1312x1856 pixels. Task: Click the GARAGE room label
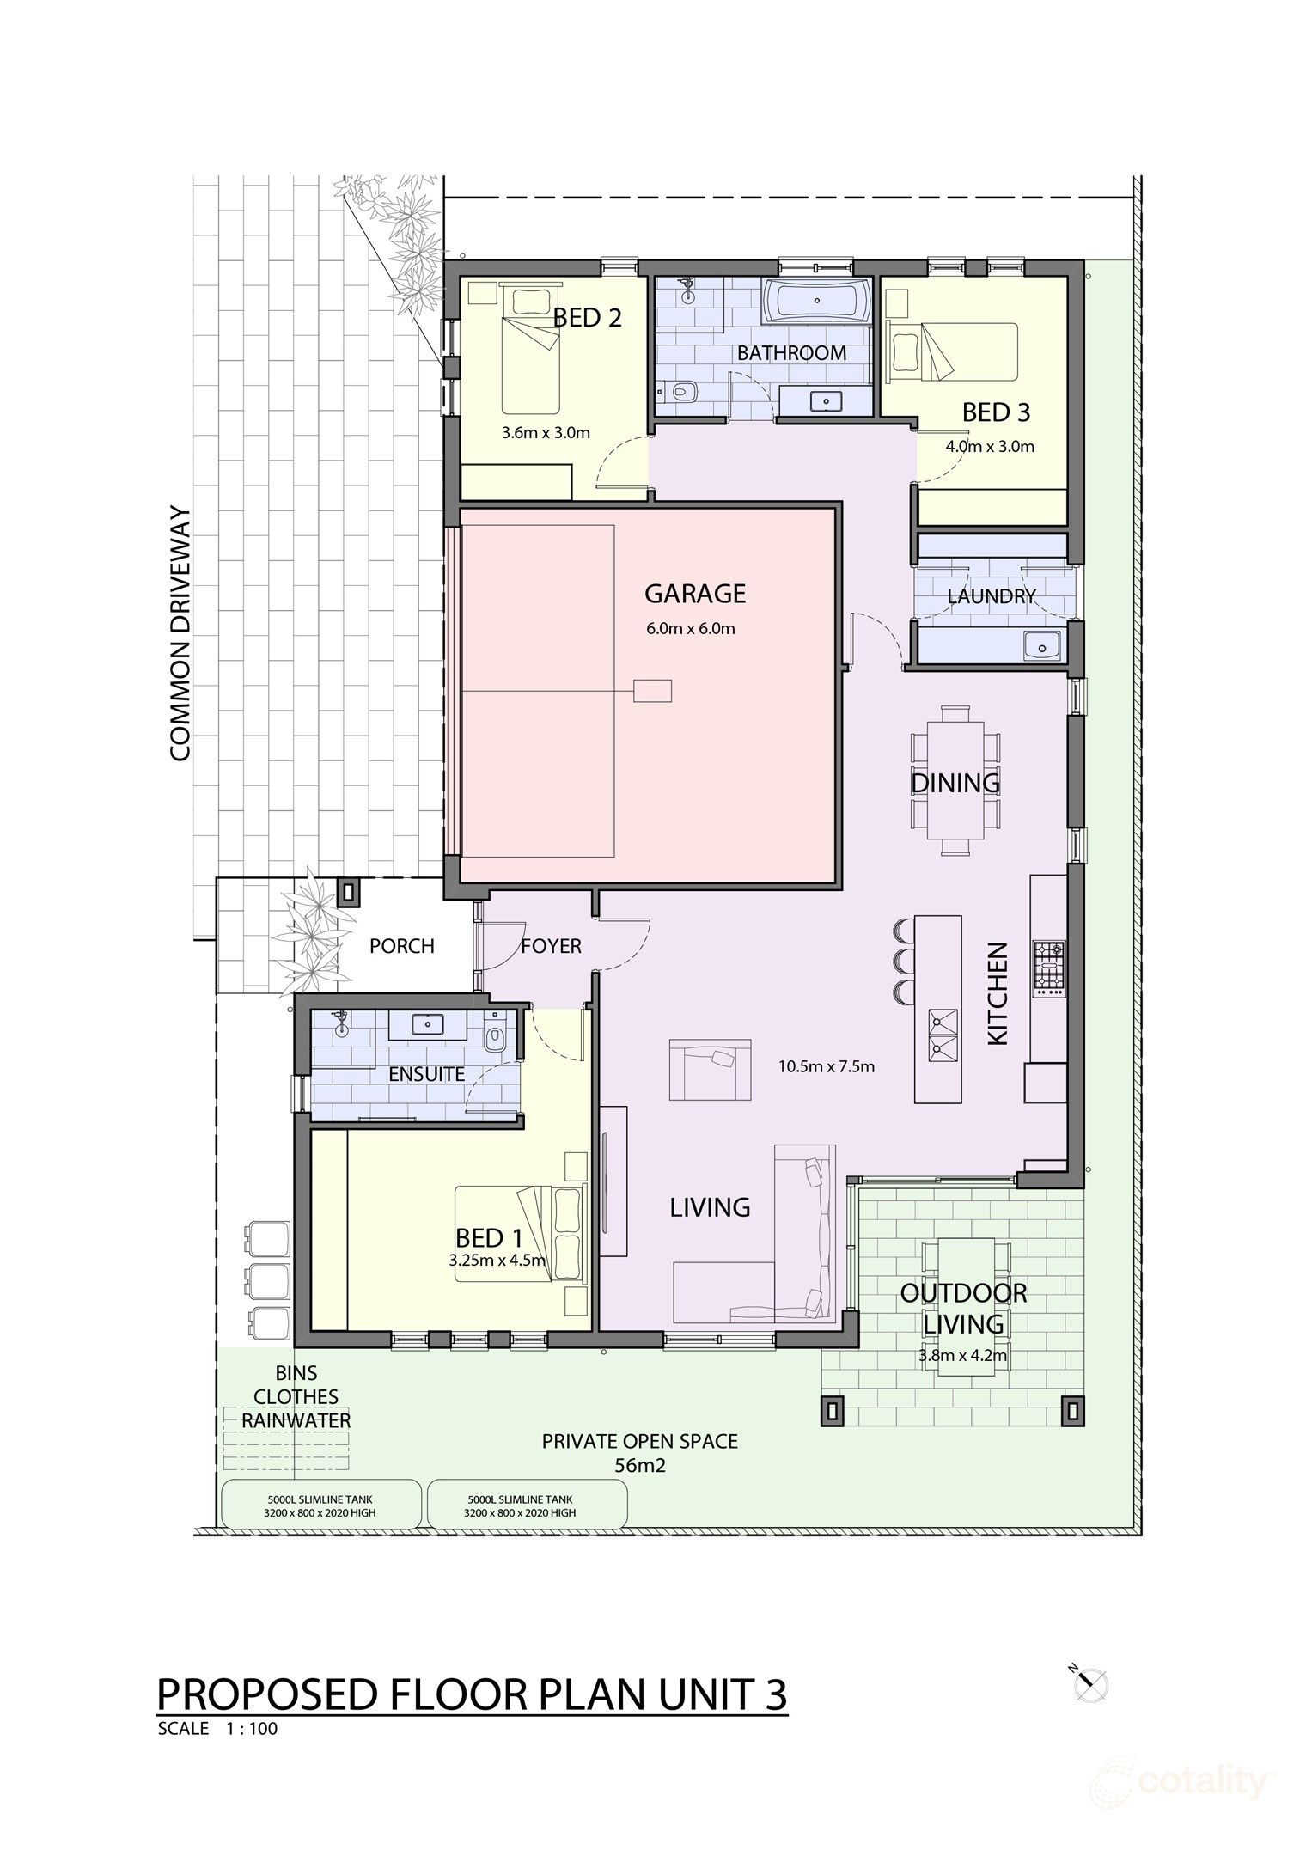click(x=695, y=594)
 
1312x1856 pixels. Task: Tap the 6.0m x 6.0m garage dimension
click(x=691, y=628)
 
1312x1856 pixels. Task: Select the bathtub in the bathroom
click(x=815, y=302)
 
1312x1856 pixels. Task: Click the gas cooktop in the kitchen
click(x=1048, y=968)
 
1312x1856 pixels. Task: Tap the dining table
click(x=955, y=779)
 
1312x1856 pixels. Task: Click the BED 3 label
click(x=996, y=412)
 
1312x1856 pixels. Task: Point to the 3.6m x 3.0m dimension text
click(x=546, y=432)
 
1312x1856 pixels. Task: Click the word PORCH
click(x=401, y=946)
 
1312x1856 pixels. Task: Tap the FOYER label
click(x=552, y=946)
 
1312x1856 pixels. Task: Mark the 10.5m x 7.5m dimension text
click(x=827, y=1066)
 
